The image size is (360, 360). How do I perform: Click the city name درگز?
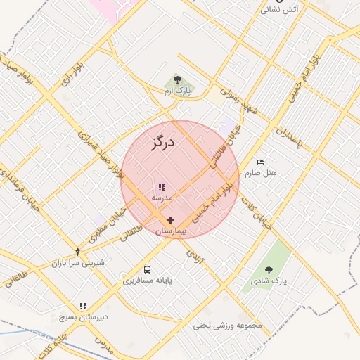[162, 144]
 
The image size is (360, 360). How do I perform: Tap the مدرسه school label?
[162, 198]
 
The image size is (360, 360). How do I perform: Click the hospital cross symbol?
[170, 221]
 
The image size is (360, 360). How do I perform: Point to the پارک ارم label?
[178, 91]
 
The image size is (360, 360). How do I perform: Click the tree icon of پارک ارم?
[177, 79]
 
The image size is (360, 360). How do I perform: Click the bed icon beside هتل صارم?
[261, 162]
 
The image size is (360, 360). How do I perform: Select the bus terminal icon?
[147, 269]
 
